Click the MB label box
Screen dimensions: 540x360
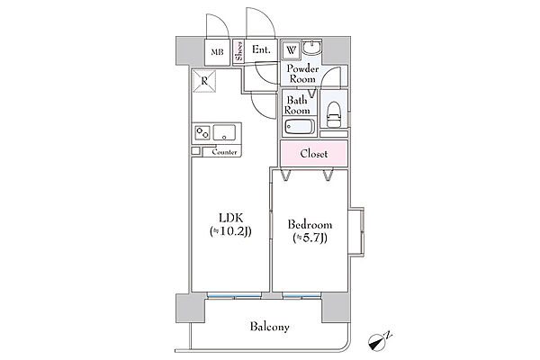(x=217, y=52)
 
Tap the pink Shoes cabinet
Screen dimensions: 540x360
(x=238, y=51)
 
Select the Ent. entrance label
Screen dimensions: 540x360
(x=261, y=49)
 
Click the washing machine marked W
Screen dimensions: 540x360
(x=292, y=50)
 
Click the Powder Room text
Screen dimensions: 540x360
(x=302, y=74)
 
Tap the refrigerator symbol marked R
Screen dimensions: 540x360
(x=204, y=81)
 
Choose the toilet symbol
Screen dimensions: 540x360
(x=333, y=114)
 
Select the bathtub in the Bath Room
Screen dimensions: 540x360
(x=299, y=127)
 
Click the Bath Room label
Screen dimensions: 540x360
(x=297, y=105)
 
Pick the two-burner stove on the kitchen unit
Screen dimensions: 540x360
(x=202, y=132)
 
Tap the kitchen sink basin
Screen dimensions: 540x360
(x=224, y=132)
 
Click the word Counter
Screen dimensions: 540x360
(x=224, y=152)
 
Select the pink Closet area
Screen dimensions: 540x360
(x=314, y=153)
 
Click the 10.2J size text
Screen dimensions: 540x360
(x=230, y=231)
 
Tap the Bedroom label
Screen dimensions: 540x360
(x=310, y=225)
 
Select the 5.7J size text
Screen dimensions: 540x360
(x=310, y=238)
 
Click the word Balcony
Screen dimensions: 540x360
(x=270, y=326)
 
